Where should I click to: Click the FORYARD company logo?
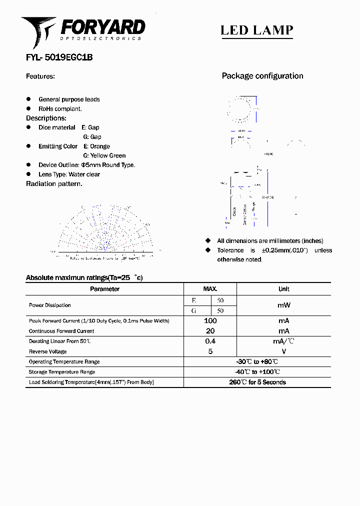[x=83, y=30]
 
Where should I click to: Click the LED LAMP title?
[x=256, y=30]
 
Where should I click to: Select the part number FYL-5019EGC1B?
[x=59, y=57]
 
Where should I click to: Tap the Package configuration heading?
[x=262, y=76]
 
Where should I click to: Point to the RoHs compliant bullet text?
[x=60, y=108]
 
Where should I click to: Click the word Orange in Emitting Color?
[x=100, y=146]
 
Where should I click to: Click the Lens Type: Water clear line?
[x=69, y=174]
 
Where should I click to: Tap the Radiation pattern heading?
[x=54, y=183]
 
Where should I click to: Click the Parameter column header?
[x=104, y=289]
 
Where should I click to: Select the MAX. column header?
[x=210, y=289]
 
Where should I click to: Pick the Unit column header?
[x=283, y=289]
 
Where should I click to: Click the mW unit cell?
[x=283, y=305]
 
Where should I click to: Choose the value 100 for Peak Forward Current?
[x=210, y=320]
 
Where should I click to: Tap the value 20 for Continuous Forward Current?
[x=210, y=331]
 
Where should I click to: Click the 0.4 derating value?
[x=210, y=341]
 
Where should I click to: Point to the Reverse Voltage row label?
[x=47, y=351]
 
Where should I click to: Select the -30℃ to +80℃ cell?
[x=257, y=361]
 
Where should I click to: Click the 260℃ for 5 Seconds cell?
[x=257, y=382]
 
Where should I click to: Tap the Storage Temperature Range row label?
[x=61, y=372]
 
